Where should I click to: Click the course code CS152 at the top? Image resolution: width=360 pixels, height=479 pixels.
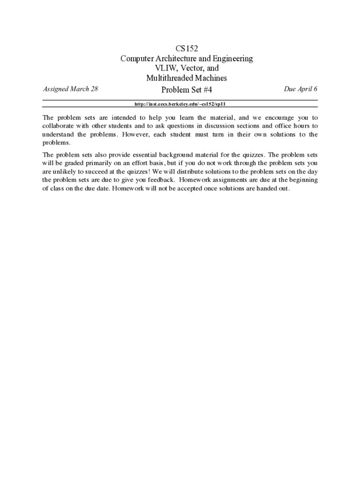point(187,48)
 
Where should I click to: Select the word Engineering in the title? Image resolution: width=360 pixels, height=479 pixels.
point(233,58)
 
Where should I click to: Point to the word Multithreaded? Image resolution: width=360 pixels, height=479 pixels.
point(169,78)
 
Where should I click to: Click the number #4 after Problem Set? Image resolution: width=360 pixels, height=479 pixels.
point(206,90)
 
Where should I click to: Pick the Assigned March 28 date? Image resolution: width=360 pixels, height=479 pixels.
point(71,89)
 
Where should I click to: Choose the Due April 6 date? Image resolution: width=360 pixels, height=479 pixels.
point(301,89)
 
